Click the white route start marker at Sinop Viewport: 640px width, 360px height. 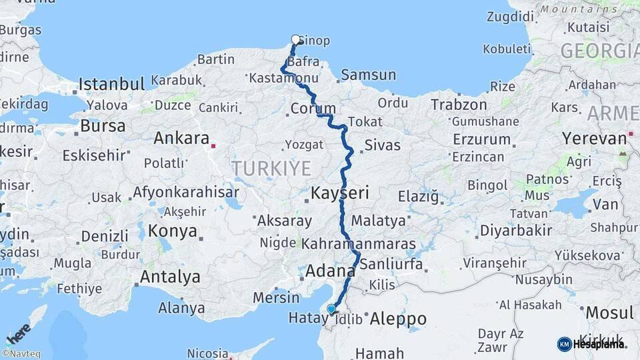tap(295, 40)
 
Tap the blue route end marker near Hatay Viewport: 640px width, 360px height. tap(331, 309)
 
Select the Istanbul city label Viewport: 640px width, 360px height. tap(111, 84)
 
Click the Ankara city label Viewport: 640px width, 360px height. tap(181, 138)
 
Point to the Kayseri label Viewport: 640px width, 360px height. tap(339, 193)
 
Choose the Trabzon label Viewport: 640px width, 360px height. tap(459, 105)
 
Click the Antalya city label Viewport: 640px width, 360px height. tap(170, 276)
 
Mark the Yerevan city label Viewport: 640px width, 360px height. tap(595, 138)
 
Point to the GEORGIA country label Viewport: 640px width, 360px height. tap(599, 51)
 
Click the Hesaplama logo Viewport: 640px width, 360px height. tap(591, 344)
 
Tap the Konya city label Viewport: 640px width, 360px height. tap(173, 231)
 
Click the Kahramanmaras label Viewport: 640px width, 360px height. tap(359, 244)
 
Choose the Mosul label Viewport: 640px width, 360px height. tap(609, 312)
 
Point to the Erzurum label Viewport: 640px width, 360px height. tap(481, 140)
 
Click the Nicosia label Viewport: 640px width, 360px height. tap(208, 353)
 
